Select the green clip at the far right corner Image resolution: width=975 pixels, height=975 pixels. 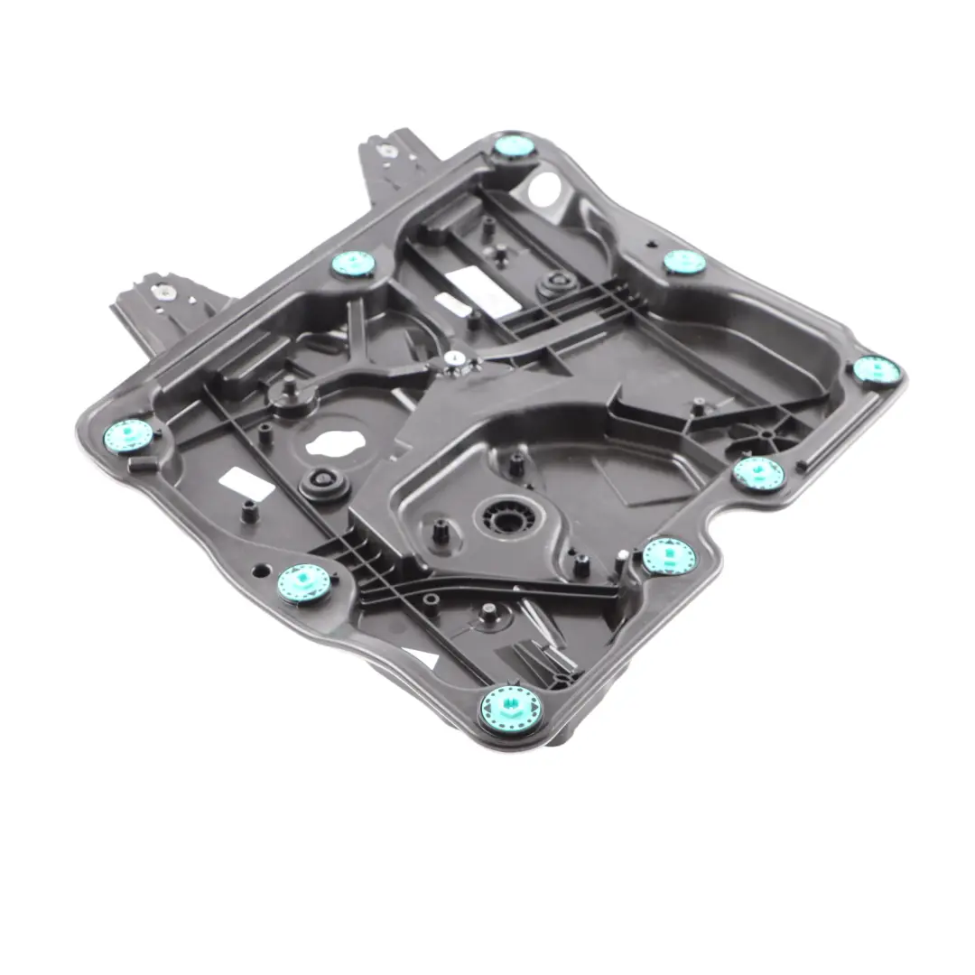[x=876, y=368]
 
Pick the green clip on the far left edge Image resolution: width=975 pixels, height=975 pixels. [x=127, y=435]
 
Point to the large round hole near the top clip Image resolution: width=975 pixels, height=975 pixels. [x=543, y=190]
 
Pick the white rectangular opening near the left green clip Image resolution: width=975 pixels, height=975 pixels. [x=248, y=485]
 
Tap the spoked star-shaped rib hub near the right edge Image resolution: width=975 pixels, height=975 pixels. [x=766, y=434]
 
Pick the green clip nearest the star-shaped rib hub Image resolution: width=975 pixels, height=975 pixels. [x=757, y=472]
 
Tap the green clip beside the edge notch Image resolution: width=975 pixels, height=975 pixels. [x=669, y=554]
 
